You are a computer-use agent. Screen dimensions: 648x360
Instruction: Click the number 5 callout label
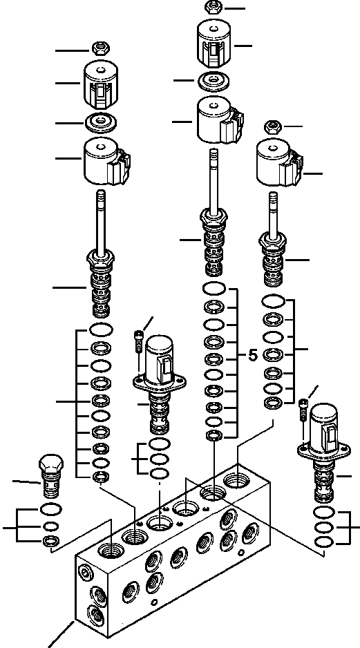click(252, 356)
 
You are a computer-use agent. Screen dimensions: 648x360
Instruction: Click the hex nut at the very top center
click(212, 8)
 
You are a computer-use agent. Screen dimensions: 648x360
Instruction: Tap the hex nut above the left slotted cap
click(100, 48)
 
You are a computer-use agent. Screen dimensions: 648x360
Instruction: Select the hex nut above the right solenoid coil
click(272, 126)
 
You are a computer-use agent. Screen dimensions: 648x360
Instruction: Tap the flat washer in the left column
click(102, 122)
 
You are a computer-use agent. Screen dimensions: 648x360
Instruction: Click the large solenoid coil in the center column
click(217, 120)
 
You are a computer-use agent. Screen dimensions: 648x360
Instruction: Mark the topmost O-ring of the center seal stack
click(214, 289)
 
